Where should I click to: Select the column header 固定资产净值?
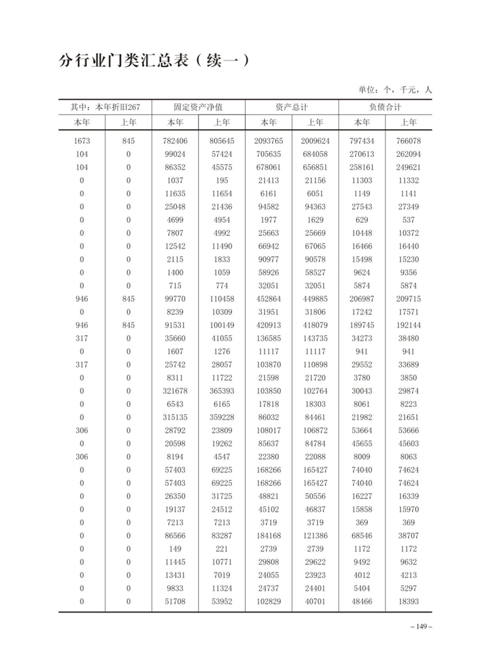(198, 107)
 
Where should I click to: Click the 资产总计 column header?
(292, 107)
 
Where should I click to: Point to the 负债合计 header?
(385, 107)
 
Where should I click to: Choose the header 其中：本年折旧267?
(105, 107)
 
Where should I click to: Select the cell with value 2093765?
(269, 141)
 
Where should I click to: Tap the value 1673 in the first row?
(82, 141)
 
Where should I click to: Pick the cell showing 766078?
(409, 141)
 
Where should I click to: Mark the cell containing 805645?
(222, 141)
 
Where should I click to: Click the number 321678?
(175, 391)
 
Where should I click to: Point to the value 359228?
(222, 417)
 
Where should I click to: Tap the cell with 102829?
(269, 601)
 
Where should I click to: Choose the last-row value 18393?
(409, 601)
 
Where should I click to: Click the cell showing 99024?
(175, 154)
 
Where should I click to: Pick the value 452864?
(269, 299)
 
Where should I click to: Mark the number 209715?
(409, 299)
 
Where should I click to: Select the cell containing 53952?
(222, 601)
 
